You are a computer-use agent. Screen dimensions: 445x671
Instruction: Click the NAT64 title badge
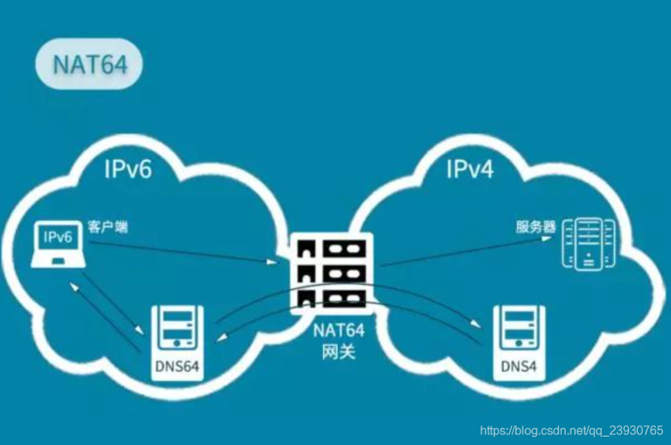pos(88,65)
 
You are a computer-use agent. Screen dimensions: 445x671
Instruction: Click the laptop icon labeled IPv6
pos(57,244)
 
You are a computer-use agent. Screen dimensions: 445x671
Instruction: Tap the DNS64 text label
pos(178,368)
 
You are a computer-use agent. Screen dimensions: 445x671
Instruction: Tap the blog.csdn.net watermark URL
pos(566,431)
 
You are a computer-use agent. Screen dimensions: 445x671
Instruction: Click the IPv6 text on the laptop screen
pos(56,238)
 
